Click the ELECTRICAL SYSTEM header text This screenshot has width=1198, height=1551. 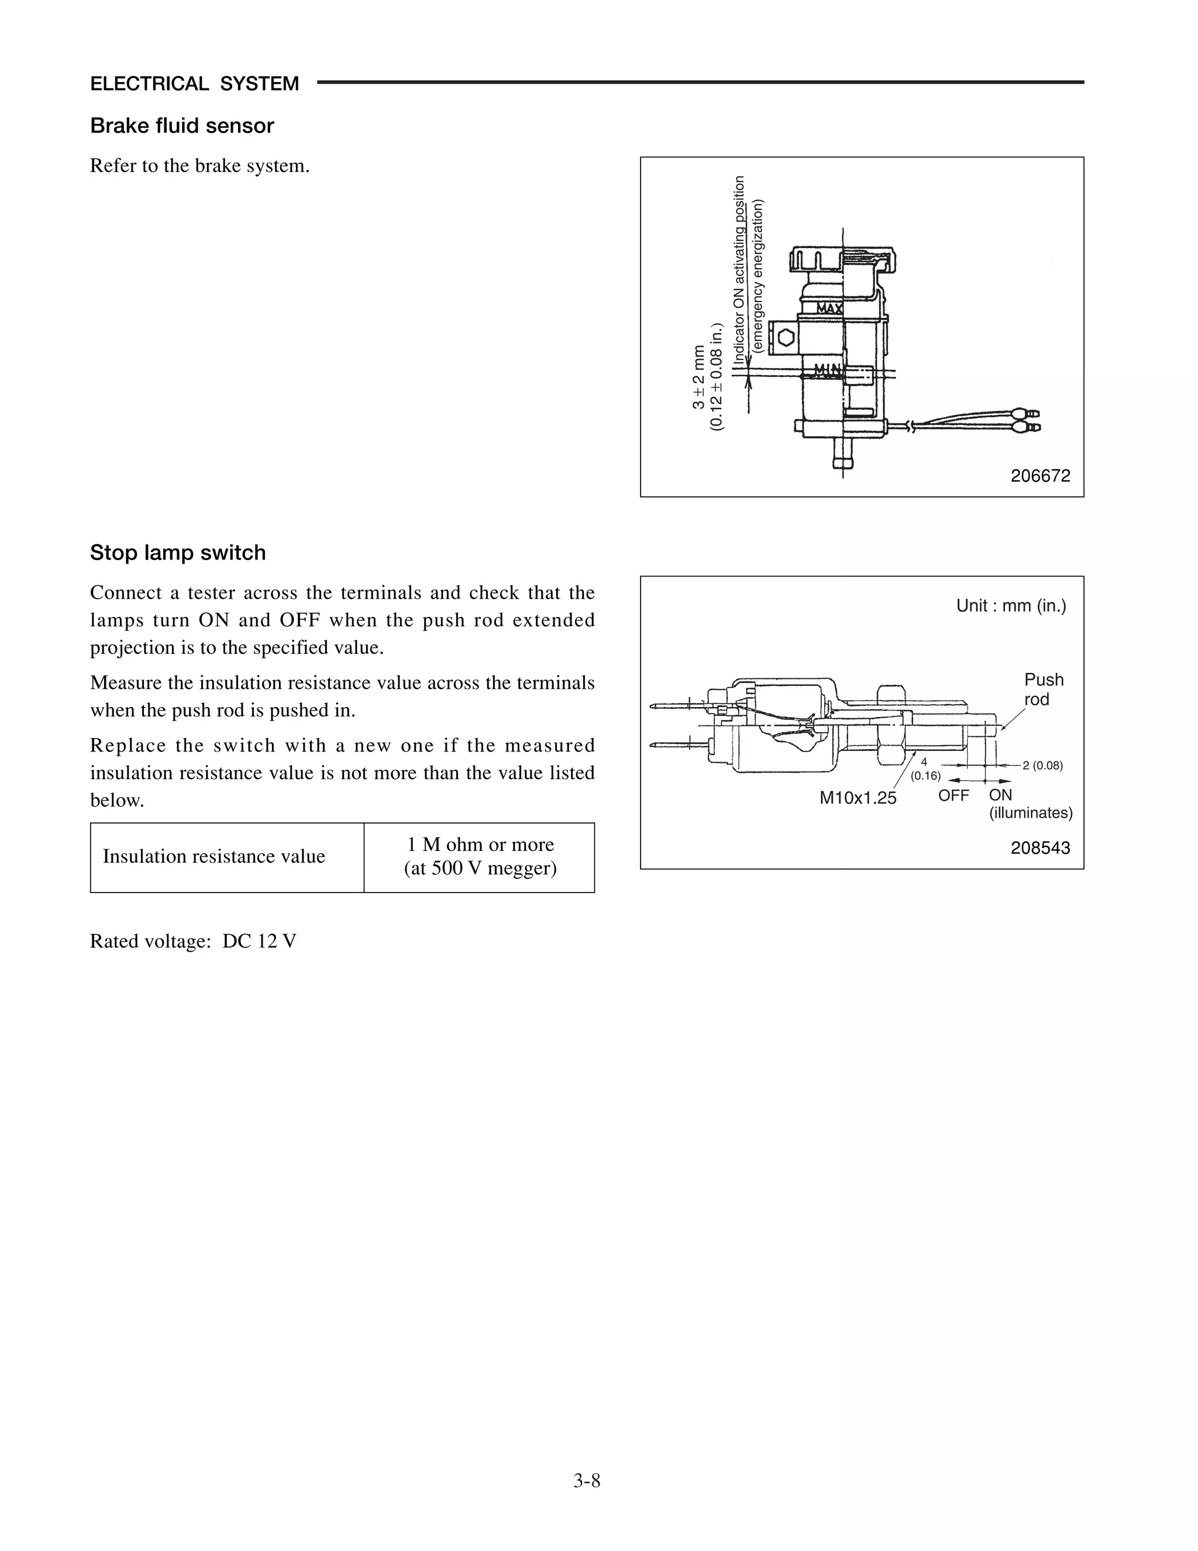[x=194, y=84]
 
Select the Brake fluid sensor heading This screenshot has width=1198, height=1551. [x=182, y=126]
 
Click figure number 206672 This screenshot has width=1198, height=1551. [x=1039, y=476]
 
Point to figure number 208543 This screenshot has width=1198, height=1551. [x=1039, y=848]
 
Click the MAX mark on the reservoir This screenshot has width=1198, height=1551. [x=829, y=308]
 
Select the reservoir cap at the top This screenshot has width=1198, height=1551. [x=842, y=260]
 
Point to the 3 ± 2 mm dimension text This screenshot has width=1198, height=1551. [x=699, y=378]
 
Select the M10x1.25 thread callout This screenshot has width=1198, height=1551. [x=858, y=798]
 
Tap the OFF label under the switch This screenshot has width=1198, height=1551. [x=953, y=795]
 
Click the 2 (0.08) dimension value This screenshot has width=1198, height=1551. [x=1042, y=766]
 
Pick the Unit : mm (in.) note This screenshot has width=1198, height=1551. [x=1011, y=606]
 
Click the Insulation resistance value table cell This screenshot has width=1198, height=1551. [x=214, y=856]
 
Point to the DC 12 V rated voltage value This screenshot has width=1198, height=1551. [x=259, y=941]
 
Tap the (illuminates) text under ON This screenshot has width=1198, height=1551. [x=1031, y=813]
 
